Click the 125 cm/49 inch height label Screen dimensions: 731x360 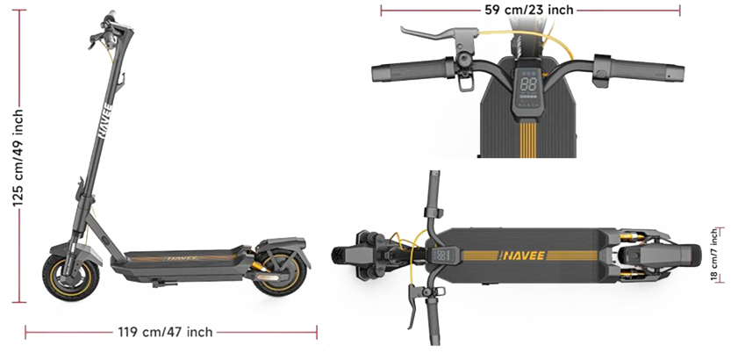point(18,159)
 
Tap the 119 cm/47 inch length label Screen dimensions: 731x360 point(166,332)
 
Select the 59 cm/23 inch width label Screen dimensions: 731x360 point(529,10)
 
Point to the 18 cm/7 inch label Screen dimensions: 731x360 point(714,254)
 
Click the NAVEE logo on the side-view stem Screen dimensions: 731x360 point(105,121)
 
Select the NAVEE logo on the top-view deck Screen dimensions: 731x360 point(521,256)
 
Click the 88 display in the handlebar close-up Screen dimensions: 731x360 point(528,84)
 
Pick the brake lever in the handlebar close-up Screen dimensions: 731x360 point(434,35)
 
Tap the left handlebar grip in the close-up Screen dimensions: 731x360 point(411,71)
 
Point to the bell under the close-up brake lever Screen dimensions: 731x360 point(464,60)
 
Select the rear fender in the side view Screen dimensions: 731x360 point(282,246)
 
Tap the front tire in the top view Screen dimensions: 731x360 point(346,254)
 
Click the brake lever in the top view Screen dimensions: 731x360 point(412,306)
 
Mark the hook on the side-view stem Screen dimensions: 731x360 point(122,80)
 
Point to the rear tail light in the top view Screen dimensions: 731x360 point(696,254)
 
